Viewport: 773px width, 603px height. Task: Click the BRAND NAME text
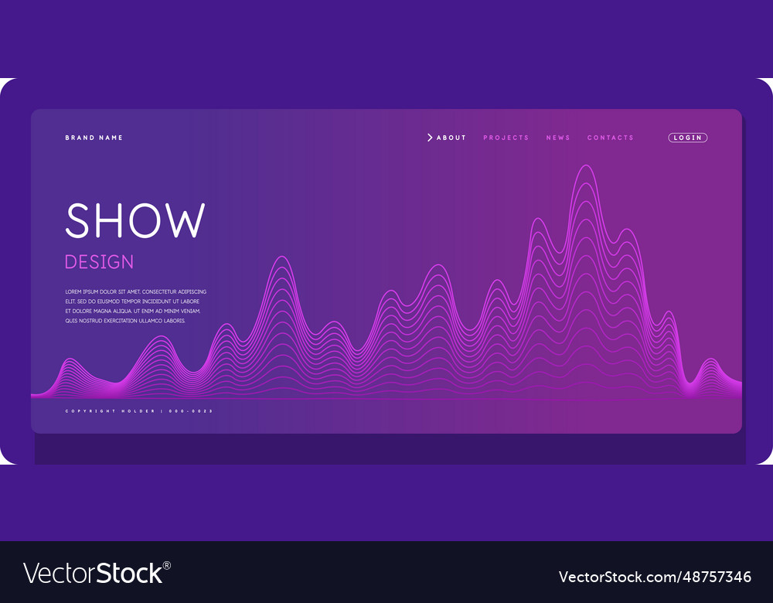click(94, 138)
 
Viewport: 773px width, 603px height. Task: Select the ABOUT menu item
click(451, 138)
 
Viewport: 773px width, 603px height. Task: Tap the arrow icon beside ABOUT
click(430, 138)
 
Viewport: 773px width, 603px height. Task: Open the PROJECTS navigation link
click(506, 138)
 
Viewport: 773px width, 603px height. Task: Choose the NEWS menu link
click(558, 138)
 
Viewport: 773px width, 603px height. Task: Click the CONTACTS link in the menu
click(611, 138)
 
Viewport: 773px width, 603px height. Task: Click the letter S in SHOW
click(78, 221)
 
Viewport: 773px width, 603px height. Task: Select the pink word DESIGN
click(99, 262)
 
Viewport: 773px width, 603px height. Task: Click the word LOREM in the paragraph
click(73, 291)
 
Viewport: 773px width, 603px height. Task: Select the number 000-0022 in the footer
click(191, 411)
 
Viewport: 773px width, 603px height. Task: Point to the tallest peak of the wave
click(587, 167)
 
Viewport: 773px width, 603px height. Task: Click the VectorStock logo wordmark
click(93, 574)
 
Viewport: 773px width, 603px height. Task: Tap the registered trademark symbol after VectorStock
click(167, 566)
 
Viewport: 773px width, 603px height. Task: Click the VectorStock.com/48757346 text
click(655, 577)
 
